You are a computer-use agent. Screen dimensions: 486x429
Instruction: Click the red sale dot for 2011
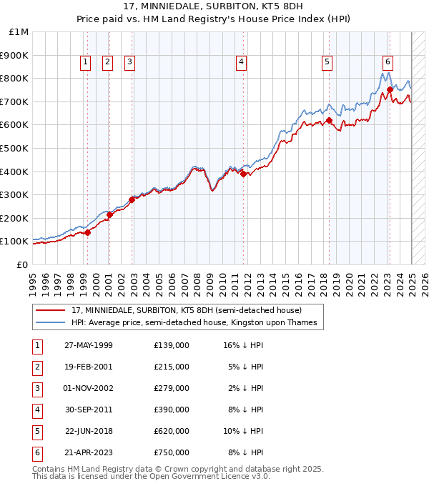[244, 174]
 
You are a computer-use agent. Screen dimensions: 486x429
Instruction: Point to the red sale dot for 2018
[329, 120]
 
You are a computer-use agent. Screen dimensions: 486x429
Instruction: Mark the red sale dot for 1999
[87, 232]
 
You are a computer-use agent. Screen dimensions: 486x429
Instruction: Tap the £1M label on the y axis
[19, 32]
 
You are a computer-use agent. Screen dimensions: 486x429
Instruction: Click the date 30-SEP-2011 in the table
[89, 410]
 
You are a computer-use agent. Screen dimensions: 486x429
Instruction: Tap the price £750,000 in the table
[171, 452]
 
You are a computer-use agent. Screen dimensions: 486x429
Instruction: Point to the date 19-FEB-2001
[89, 367]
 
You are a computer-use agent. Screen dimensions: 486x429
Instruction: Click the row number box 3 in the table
[36, 388]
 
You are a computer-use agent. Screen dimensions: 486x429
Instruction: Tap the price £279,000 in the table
[171, 388]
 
